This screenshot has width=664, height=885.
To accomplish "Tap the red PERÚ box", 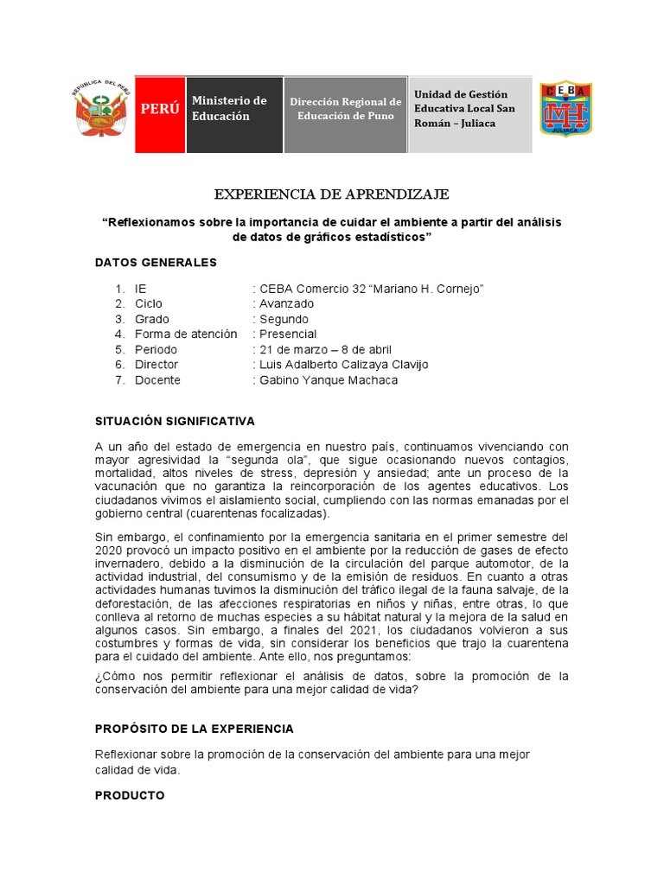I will pos(160,110).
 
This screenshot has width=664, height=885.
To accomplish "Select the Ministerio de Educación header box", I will pos(233,110).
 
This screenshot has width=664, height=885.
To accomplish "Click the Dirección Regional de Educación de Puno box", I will pos(345,110).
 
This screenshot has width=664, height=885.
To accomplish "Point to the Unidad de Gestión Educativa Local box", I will pos(469,110).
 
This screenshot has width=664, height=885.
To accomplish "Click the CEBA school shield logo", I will pos(565,110).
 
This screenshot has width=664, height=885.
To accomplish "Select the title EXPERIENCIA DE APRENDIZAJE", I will pos(331,194).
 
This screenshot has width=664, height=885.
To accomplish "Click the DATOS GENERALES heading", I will pos(156,262).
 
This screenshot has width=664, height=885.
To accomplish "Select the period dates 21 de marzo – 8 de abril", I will pos(322,349).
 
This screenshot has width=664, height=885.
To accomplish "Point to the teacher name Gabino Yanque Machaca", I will pos(326,379).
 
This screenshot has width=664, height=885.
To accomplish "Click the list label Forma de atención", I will pos(186,334).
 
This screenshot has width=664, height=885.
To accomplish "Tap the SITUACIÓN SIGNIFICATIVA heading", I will pos(175,422).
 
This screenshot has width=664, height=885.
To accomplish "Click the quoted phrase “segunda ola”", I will pos(277,460).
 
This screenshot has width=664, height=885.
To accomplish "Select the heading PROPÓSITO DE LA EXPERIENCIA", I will pos(195,729).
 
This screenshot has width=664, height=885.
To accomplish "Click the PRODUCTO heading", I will pos(130,795).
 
